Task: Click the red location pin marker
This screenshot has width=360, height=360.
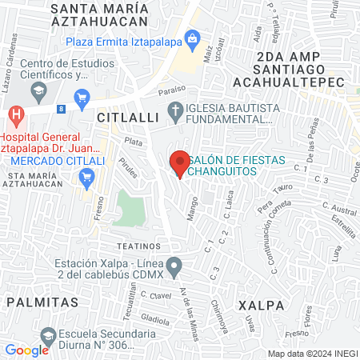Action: pos(180,163)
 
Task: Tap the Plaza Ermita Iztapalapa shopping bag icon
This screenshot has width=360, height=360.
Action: pos(192,38)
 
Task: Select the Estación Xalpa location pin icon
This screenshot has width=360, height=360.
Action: pos(174,266)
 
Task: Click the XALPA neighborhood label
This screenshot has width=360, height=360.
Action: pos(260,305)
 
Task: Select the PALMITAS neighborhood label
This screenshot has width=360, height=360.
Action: pos(42,302)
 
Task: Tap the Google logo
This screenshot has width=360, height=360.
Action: pos(26,350)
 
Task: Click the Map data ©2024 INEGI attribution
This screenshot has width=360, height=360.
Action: pos(312,353)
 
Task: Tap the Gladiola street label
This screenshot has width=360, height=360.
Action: pos(155,319)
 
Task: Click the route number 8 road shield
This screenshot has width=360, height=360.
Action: pos(61,106)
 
